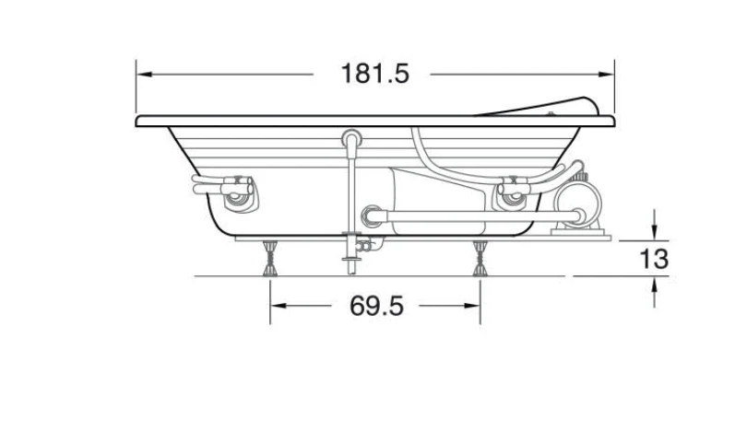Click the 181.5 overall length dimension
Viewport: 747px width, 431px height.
tap(375, 74)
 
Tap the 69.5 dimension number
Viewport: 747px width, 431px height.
tap(376, 306)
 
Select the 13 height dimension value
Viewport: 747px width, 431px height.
tap(654, 260)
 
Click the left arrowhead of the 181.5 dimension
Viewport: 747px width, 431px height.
tap(145, 75)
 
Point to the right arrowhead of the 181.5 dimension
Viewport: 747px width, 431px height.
tap(606, 75)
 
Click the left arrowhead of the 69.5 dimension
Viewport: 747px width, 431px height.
tap(279, 306)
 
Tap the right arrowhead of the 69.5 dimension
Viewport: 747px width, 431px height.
tap(471, 306)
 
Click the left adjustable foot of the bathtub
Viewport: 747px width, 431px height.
tap(270, 258)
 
